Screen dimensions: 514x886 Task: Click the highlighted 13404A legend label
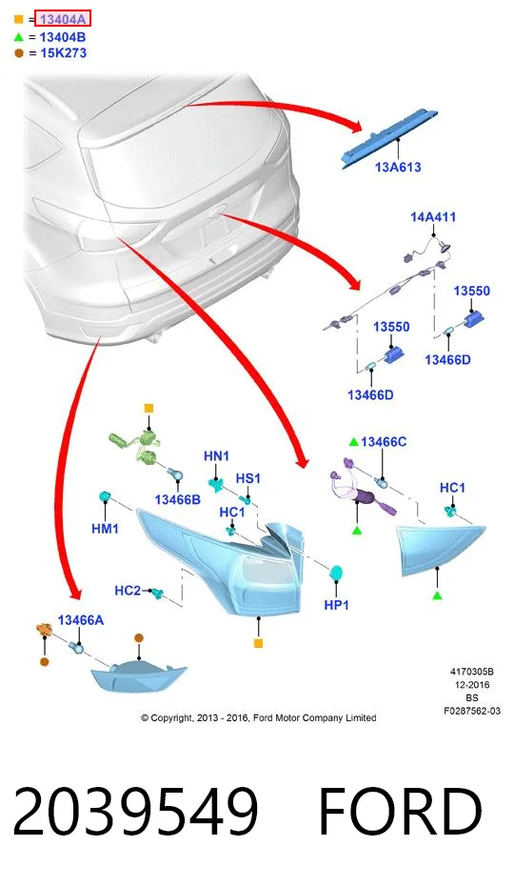[x=63, y=19]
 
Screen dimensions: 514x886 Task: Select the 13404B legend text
[x=63, y=37]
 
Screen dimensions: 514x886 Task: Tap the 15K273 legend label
[x=63, y=53]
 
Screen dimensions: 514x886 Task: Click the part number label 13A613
[x=398, y=168]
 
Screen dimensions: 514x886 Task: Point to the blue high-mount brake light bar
[x=389, y=138]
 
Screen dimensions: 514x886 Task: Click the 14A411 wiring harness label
[x=433, y=217]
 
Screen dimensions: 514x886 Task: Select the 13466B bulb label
[x=177, y=499]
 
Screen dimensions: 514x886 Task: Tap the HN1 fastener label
[x=216, y=456]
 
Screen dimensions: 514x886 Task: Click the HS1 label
[x=248, y=478]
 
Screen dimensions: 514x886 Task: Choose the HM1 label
[x=105, y=529]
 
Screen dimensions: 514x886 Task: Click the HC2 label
[x=128, y=591]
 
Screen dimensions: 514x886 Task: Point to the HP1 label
[x=337, y=605]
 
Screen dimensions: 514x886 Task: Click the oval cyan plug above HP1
[x=337, y=574]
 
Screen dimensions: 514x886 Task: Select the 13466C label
[x=384, y=442]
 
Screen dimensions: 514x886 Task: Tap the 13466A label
[x=81, y=620]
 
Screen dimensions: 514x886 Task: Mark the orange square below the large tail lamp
[x=258, y=643]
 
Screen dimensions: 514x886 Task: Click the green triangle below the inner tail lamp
[x=437, y=595]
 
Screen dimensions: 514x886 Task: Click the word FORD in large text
[x=401, y=812]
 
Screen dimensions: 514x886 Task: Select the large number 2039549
[x=135, y=812]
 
